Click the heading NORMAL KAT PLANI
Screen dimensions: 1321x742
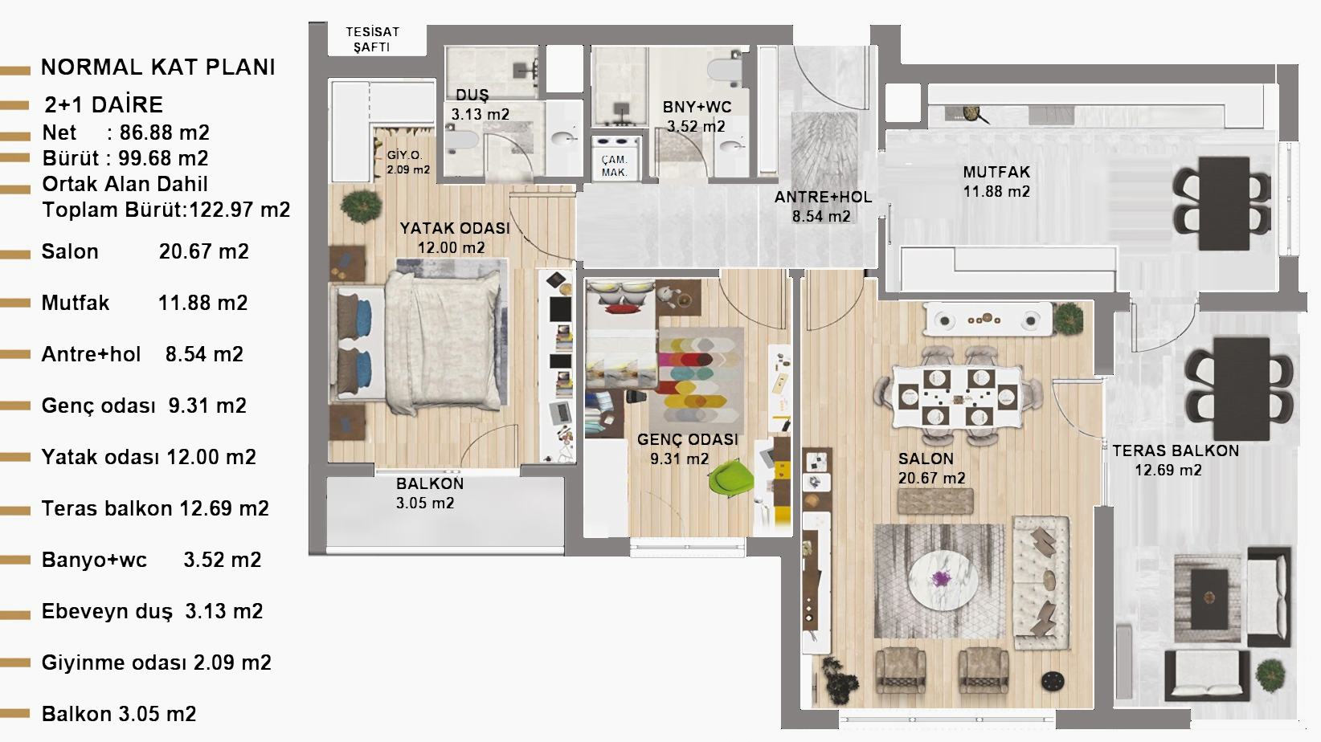(158, 67)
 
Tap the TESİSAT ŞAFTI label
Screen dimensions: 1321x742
(372, 39)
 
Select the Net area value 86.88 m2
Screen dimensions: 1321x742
(165, 132)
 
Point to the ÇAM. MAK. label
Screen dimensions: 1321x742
(614, 165)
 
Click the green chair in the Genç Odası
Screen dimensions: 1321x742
(731, 477)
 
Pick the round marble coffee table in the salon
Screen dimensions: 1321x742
(943, 580)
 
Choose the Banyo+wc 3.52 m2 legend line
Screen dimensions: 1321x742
(151, 559)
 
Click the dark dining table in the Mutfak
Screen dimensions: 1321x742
(1224, 203)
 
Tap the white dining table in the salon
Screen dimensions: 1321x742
(956, 396)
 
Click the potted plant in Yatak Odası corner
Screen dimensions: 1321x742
(359, 206)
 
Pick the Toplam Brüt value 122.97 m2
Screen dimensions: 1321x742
(239, 210)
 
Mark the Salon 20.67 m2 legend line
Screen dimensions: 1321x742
(145, 251)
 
